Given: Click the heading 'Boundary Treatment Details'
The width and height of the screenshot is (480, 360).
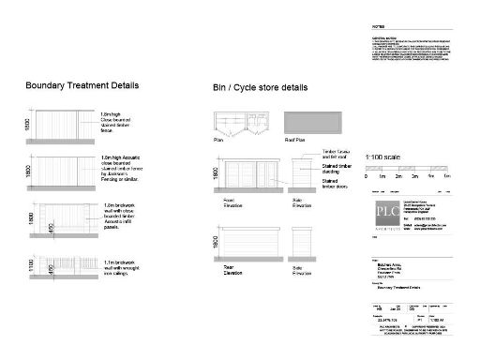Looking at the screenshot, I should [x=82, y=85].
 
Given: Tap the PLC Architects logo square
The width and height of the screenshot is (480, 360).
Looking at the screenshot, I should [x=378, y=211].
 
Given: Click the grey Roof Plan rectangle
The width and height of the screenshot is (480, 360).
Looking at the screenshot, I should [x=312, y=124].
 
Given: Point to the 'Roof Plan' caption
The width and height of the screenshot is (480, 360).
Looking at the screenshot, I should [x=294, y=139].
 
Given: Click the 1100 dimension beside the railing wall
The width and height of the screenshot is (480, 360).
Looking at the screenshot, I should [x=35, y=266].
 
